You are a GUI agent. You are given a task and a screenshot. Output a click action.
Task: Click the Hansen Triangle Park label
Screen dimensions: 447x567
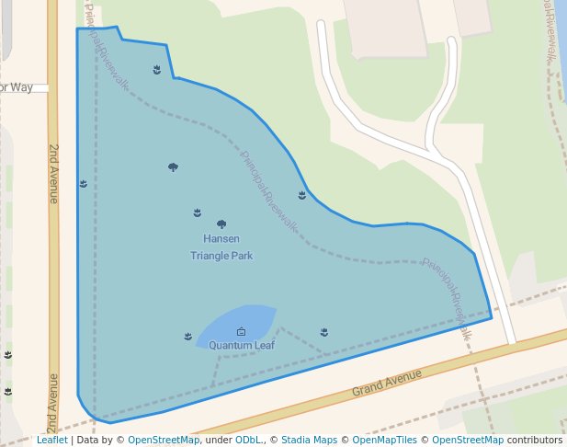pyautogui.click(x=221, y=247)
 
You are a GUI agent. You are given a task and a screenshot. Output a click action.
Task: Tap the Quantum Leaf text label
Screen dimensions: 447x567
pyautogui.click(x=242, y=346)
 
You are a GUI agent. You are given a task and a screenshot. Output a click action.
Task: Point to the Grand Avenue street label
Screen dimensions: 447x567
pyautogui.click(x=387, y=383)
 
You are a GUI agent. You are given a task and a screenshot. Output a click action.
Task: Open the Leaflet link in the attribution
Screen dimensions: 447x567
pyautogui.click(x=51, y=440)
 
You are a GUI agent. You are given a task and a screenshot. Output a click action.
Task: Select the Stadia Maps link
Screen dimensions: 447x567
pyautogui.click(x=309, y=440)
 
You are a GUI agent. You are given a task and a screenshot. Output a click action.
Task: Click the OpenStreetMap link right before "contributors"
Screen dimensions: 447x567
pyautogui.click(x=468, y=440)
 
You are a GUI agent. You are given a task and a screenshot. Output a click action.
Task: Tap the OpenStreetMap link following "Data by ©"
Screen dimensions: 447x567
pyautogui.click(x=164, y=440)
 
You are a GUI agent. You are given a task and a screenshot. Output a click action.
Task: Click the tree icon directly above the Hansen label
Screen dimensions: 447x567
pyautogui.click(x=221, y=223)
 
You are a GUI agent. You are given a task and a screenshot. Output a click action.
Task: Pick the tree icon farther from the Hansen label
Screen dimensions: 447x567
pyautogui.click(x=173, y=166)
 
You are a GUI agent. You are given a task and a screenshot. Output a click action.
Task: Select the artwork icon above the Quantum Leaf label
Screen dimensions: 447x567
pyautogui.click(x=242, y=331)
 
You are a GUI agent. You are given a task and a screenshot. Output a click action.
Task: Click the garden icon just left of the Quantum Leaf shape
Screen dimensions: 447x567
pyautogui.click(x=188, y=336)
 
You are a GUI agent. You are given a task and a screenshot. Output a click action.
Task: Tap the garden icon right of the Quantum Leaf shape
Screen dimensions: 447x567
pyautogui.click(x=324, y=331)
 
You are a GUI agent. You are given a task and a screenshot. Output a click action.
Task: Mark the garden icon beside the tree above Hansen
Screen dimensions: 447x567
pyautogui.click(x=198, y=212)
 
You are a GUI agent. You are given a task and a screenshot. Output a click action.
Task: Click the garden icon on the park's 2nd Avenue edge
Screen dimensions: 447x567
pyautogui.click(x=84, y=184)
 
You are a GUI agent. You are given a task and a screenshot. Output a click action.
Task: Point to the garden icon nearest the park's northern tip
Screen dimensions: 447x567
pyautogui.click(x=157, y=69)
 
